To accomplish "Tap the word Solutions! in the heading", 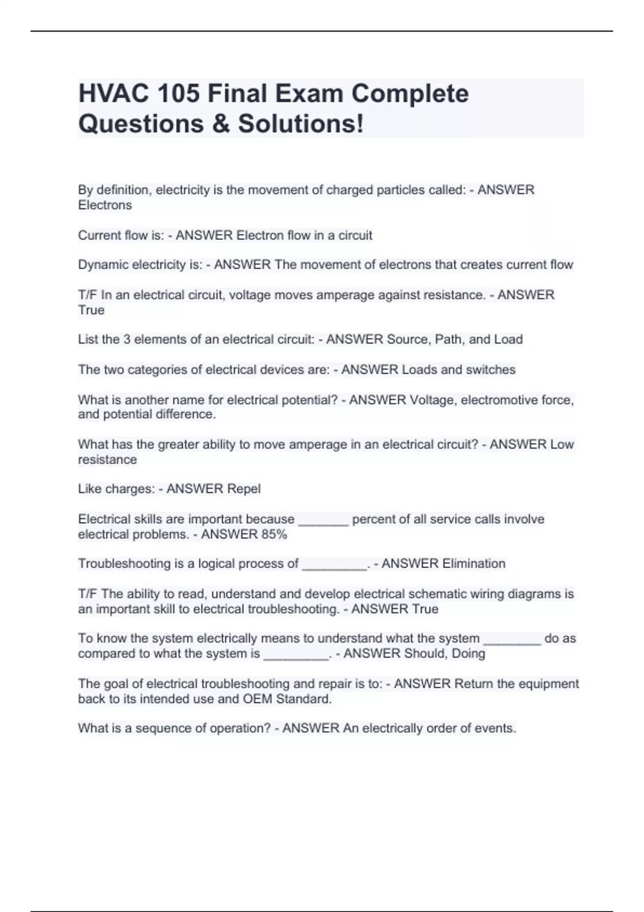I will pos(301,124).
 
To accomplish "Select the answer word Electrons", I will pos(105,205).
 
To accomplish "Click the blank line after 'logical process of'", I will pos(334,567).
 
